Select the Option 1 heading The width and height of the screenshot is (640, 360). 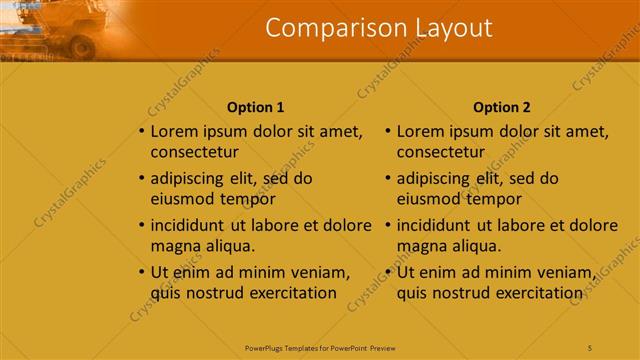click(x=256, y=107)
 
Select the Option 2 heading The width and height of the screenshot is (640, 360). click(x=502, y=107)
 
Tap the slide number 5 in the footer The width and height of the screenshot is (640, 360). click(x=589, y=346)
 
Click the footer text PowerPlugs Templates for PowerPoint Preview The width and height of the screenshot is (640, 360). click(x=320, y=346)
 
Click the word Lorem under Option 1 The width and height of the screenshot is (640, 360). click(x=175, y=131)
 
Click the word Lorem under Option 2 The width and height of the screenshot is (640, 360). click(x=421, y=131)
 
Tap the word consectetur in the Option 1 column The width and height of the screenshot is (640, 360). click(x=194, y=152)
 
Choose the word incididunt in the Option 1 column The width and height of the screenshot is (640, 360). click(x=192, y=225)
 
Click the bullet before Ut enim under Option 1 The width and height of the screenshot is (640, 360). click(x=141, y=272)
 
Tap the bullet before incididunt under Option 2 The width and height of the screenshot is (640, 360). click(x=387, y=225)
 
